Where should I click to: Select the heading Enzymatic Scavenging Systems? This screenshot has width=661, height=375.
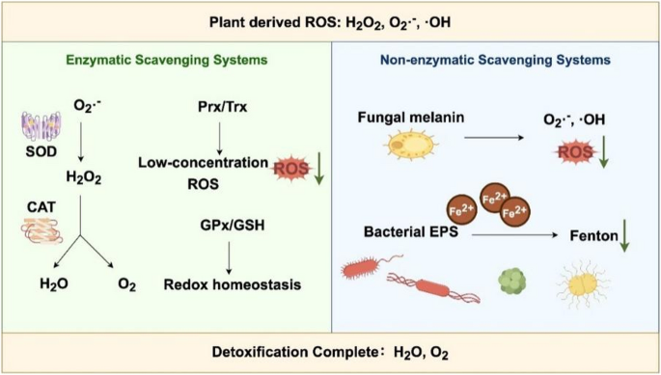[166, 60]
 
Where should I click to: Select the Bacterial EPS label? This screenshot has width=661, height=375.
[399, 232]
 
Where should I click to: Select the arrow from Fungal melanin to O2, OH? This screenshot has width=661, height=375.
[502, 136]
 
